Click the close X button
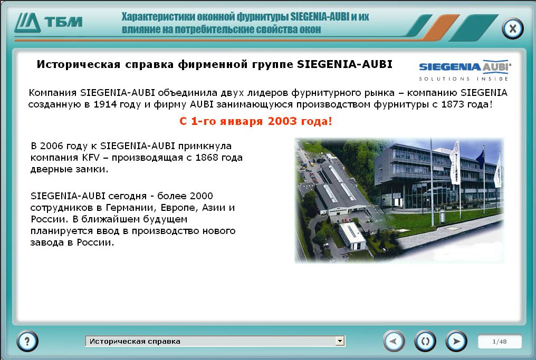(x=512, y=28)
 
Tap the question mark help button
(x=27, y=340)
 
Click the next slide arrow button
(x=456, y=341)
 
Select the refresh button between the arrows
(x=425, y=341)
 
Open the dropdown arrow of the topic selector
(x=339, y=341)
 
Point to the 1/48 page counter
(x=500, y=342)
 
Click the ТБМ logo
(x=48, y=23)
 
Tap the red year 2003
(x=282, y=121)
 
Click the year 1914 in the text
(x=103, y=104)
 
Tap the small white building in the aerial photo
(x=352, y=236)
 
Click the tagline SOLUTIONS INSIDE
(x=464, y=79)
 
